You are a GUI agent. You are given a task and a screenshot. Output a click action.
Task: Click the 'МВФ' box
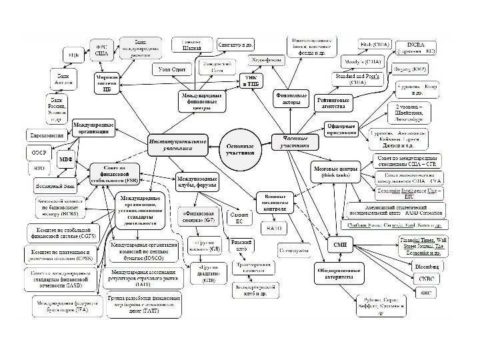65,160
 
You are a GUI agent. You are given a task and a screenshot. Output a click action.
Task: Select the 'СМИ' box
337,245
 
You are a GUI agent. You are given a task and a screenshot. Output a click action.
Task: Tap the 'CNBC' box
423,279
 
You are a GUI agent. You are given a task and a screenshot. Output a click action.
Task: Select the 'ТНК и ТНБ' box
251,80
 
